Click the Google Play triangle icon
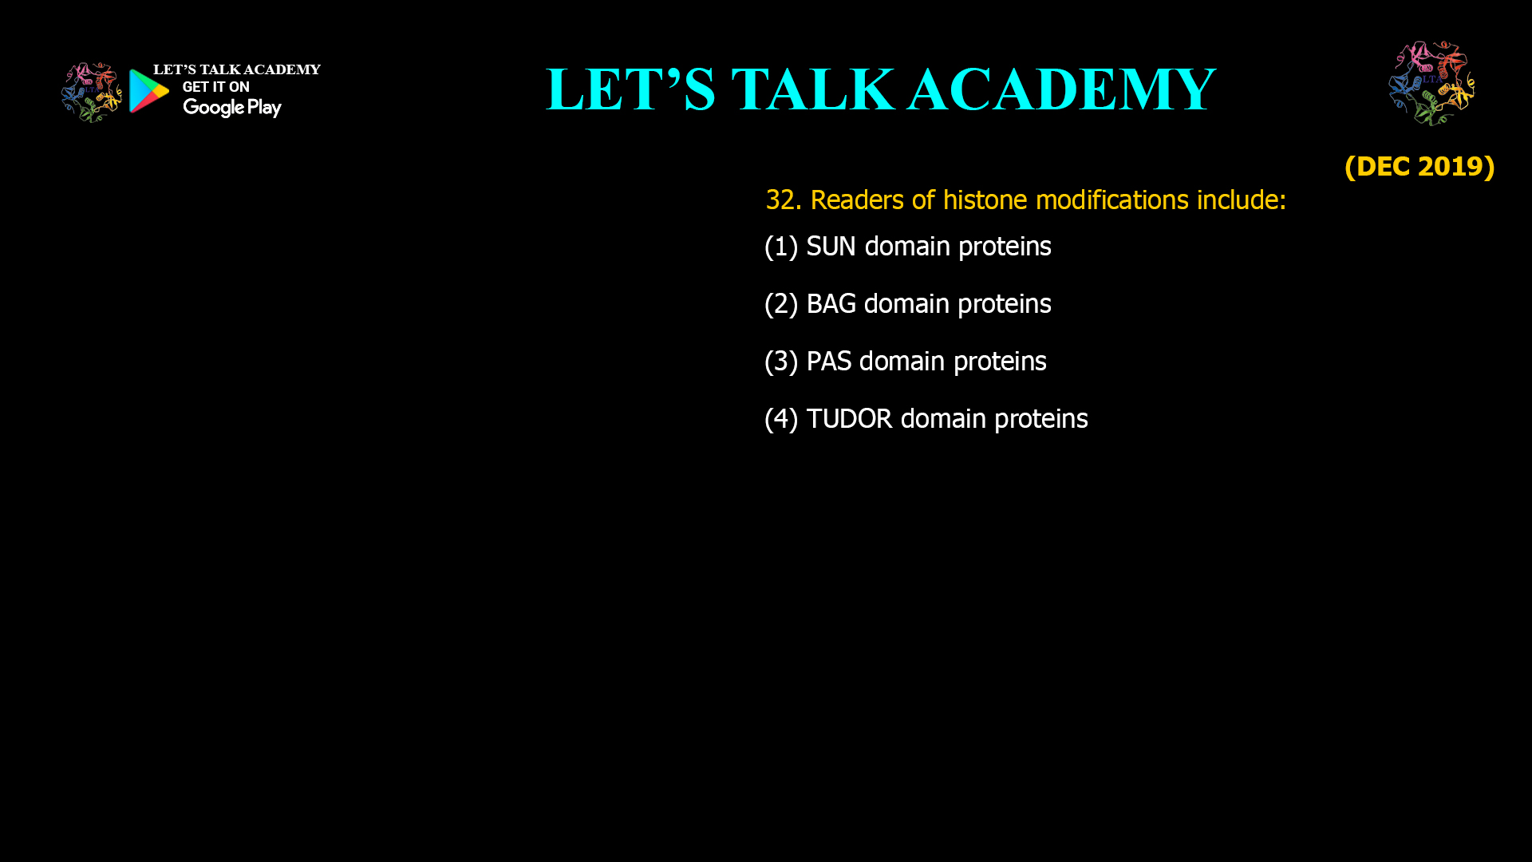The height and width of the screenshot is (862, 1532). [x=148, y=91]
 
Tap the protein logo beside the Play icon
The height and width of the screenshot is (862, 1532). [x=91, y=93]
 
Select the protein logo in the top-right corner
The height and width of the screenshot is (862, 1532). [x=1431, y=84]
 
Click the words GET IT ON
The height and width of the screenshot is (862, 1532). [x=215, y=87]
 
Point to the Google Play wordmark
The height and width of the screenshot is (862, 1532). [x=231, y=108]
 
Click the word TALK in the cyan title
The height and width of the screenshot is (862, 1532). [x=812, y=89]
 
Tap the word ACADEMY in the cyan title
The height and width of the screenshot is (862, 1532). [x=1061, y=89]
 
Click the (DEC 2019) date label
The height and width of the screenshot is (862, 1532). [x=1419, y=166]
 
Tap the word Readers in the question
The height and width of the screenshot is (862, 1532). [x=857, y=200]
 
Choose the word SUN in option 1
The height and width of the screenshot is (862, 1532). [x=831, y=247]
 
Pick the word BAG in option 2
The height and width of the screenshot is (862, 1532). [x=831, y=304]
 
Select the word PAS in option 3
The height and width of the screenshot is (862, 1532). [x=828, y=362]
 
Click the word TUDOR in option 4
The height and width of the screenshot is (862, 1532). [x=849, y=419]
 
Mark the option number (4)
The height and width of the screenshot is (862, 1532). [x=781, y=419]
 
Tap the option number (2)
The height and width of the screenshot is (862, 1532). [x=781, y=304]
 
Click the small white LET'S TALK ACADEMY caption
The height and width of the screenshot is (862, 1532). [x=236, y=69]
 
